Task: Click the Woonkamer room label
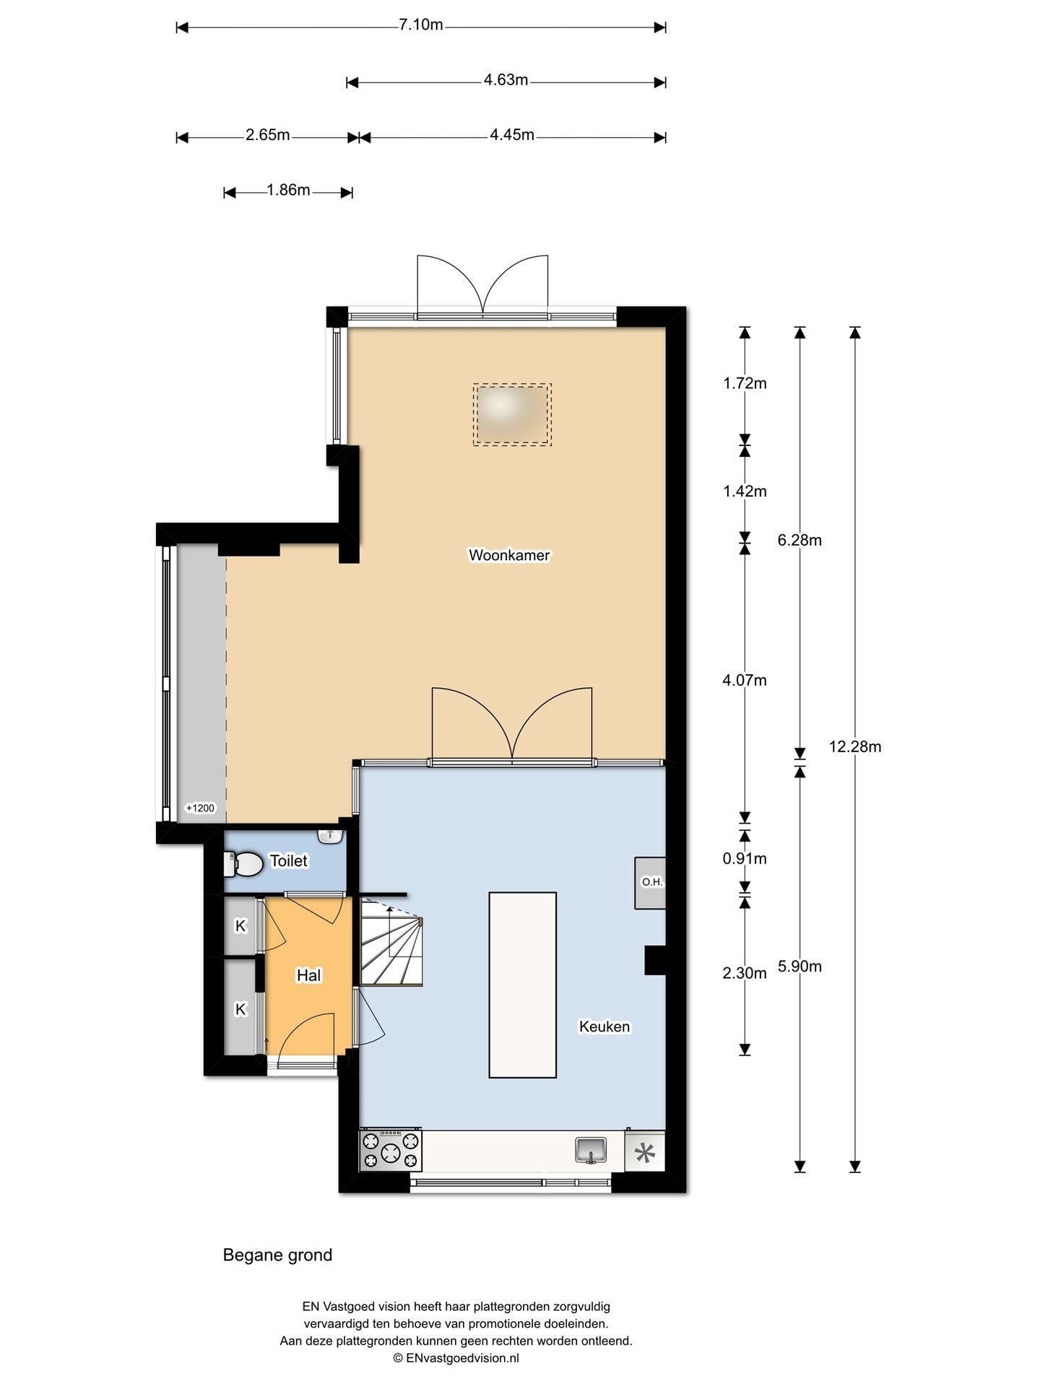tap(509, 555)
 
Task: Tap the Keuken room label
tap(604, 1027)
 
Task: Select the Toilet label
tap(288, 860)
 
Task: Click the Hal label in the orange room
tap(308, 975)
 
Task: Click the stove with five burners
tap(391, 1151)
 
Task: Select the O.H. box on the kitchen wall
tap(650, 883)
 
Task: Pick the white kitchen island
tap(523, 985)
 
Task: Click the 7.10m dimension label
tap(421, 25)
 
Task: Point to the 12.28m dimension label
tap(855, 746)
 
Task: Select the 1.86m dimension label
tap(288, 190)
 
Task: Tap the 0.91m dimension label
tap(745, 858)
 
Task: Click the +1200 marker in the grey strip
tap(200, 808)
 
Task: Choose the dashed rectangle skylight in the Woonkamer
tap(513, 414)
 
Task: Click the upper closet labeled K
tap(240, 925)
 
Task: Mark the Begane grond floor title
tap(277, 1255)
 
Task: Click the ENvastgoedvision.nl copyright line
tap(456, 1358)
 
